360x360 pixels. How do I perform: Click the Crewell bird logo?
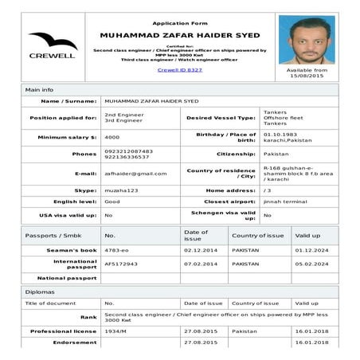[x=52, y=41]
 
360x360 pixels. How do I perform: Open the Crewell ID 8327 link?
[x=179, y=70]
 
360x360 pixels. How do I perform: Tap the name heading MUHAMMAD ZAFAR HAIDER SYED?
[x=179, y=36]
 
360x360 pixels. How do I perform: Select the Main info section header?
[x=40, y=90]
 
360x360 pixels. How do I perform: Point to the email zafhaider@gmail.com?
[x=135, y=173]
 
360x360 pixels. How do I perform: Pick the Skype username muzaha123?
[x=121, y=191]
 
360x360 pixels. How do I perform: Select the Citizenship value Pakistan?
[x=276, y=154]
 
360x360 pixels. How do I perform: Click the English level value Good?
[x=112, y=202]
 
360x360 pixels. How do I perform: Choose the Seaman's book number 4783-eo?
[x=117, y=251]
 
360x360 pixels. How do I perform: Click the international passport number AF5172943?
[x=121, y=264]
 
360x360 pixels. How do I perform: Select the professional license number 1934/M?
[x=116, y=331]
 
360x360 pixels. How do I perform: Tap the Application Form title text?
[x=179, y=23]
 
